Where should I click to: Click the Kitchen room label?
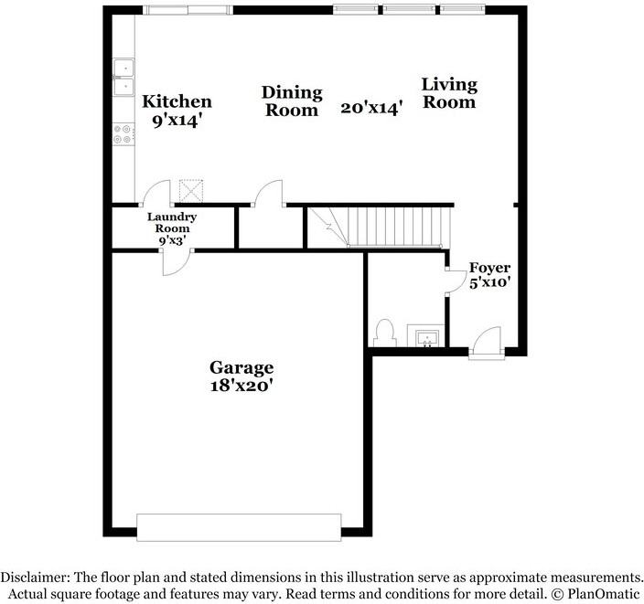177,101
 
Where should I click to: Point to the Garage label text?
241,367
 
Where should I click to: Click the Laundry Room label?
172,222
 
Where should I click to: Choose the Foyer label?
489,267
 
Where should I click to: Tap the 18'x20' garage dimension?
241,386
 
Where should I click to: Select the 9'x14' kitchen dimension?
177,119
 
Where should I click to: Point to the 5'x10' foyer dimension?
489,282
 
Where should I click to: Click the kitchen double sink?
123,78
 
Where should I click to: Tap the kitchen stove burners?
123,134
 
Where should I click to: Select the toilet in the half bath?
385,332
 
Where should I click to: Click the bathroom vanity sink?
425,338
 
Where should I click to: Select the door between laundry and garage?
174,260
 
